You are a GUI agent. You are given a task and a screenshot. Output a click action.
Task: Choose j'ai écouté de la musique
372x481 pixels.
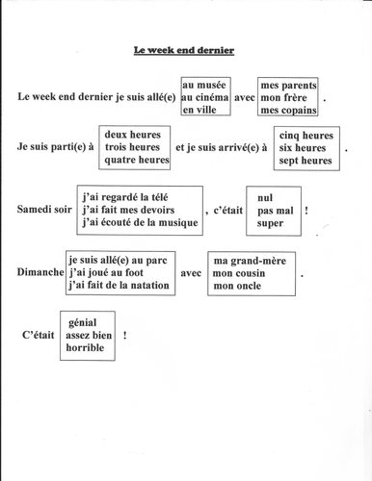click(138, 223)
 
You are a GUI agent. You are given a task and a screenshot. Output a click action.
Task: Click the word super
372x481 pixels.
click(270, 223)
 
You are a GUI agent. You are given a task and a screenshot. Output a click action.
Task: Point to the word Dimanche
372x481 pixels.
click(40, 272)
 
